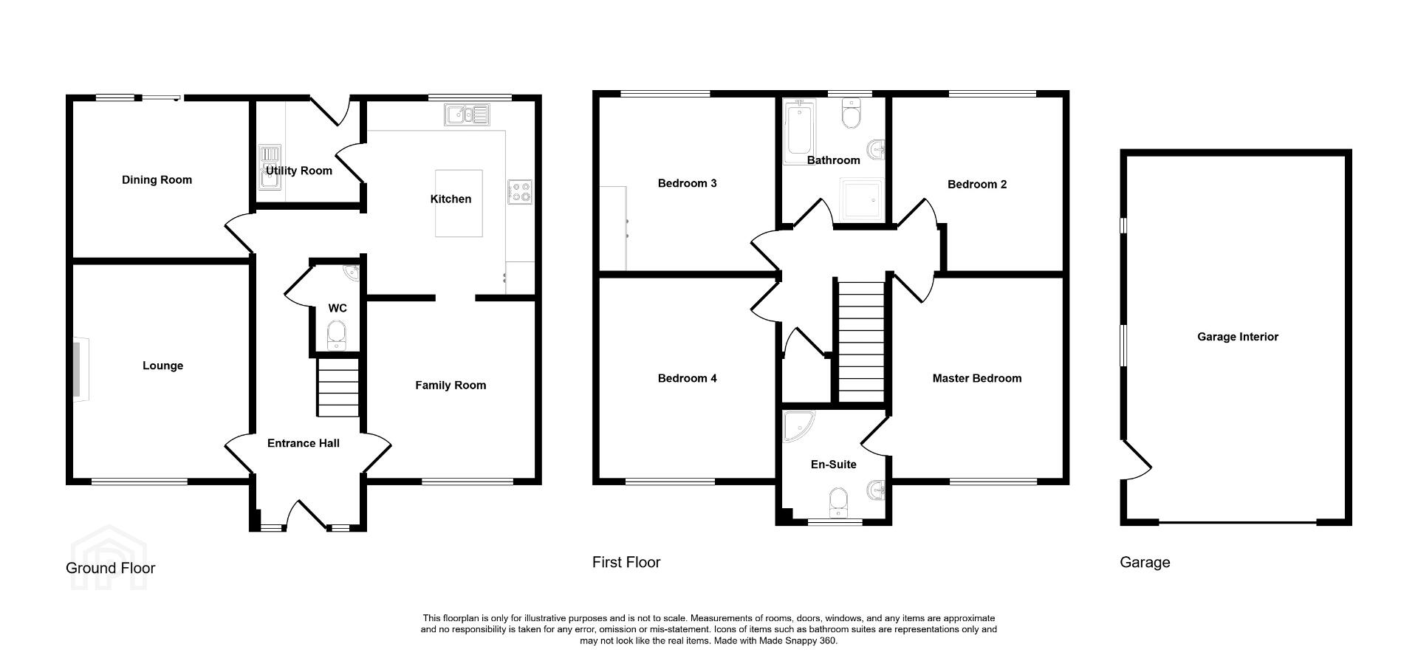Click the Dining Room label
pos(157,179)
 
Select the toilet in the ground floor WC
pos(337,335)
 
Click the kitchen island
pos(459,203)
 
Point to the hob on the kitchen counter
pos(520,192)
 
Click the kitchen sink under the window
pos(467,114)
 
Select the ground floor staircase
pos(338,387)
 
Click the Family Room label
pos(451,385)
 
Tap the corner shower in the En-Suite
pos(798,426)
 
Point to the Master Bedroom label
pos(977,378)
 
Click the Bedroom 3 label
pos(688,183)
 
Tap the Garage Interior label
pos(1238,337)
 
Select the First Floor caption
pos(626,562)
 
